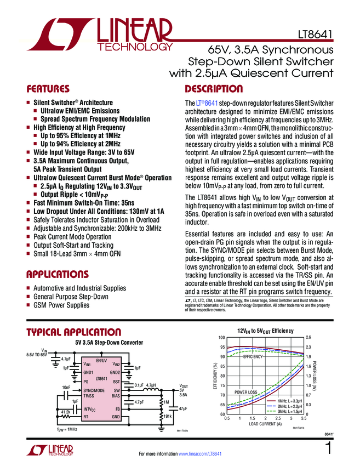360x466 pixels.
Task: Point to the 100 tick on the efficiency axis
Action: point(221,338)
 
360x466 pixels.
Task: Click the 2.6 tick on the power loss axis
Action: point(308,338)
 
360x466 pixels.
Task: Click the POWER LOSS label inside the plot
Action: point(245,393)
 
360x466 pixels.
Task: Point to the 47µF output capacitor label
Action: point(182,408)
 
